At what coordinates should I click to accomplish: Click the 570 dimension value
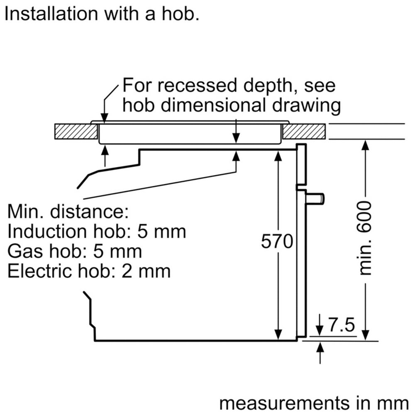(x=277, y=241)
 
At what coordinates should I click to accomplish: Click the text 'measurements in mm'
(x=314, y=403)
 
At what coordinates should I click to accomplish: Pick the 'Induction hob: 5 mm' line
(x=97, y=232)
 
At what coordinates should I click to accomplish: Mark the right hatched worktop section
(x=304, y=132)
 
